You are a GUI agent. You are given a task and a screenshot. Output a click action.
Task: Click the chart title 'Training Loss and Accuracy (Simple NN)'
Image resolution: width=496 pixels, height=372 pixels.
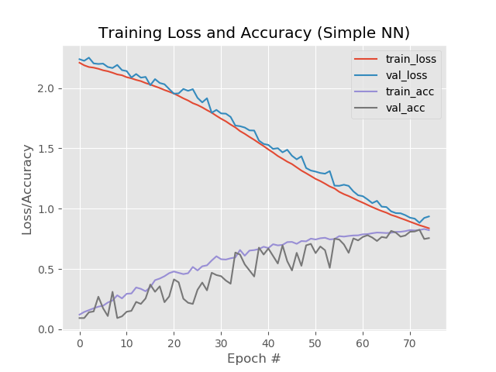pyautogui.click(x=254, y=33)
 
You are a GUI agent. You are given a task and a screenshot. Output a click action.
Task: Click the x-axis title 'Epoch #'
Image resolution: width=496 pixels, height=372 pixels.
pyautogui.click(x=254, y=359)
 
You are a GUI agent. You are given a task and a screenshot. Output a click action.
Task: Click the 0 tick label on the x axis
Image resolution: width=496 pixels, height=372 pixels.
pyautogui.click(x=79, y=343)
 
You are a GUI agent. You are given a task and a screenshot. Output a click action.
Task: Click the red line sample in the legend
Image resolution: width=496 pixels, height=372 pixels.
pyautogui.click(x=366, y=58)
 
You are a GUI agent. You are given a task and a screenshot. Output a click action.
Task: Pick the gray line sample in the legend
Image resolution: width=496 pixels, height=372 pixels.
pyautogui.click(x=366, y=108)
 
